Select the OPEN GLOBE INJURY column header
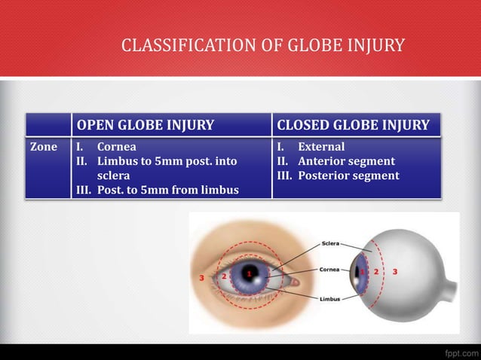(146, 124)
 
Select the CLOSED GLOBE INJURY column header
(353, 124)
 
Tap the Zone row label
(42, 147)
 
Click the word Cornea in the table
(116, 147)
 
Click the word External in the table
(321, 147)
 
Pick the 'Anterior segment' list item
(346, 161)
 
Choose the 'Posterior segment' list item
(348, 175)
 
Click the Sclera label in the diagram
(330, 244)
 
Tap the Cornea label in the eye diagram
(330, 269)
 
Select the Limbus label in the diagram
(329, 298)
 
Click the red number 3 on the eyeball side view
(394, 270)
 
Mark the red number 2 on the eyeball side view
(375, 270)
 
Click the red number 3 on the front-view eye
(201, 278)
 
